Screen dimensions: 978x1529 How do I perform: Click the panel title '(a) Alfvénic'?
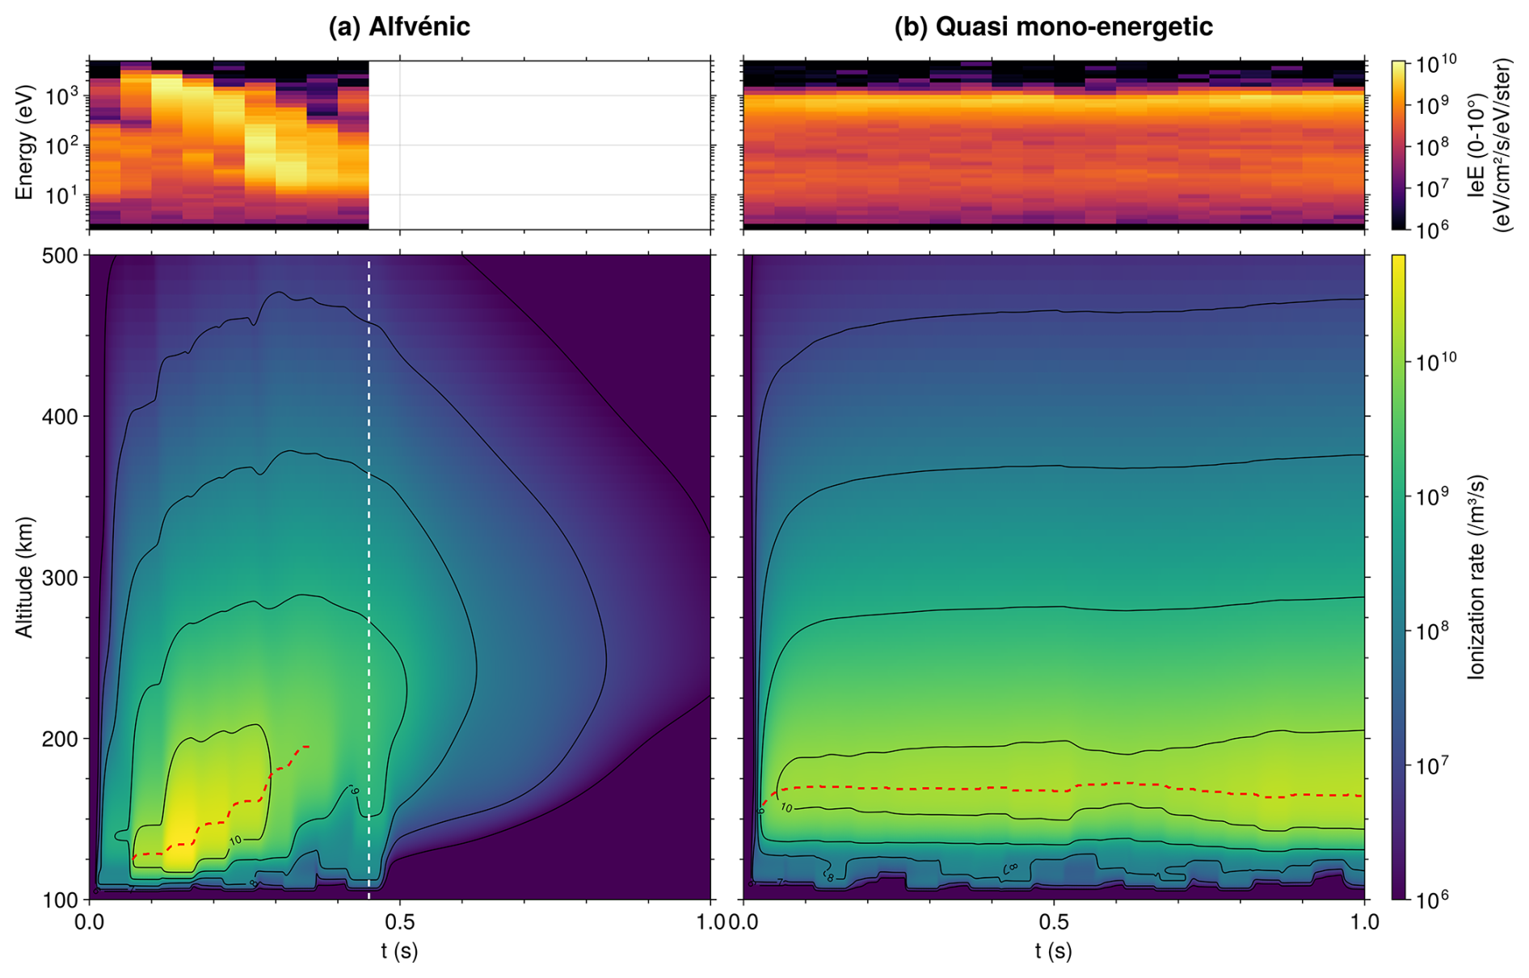click(398, 27)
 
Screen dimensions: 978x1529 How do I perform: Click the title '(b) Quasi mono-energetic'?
click(1053, 27)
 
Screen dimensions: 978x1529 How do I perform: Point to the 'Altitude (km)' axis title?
click(25, 577)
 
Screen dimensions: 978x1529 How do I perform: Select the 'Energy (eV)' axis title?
click(25, 142)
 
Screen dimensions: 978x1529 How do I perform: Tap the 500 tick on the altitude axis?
click(62, 255)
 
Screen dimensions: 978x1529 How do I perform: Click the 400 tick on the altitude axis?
click(62, 417)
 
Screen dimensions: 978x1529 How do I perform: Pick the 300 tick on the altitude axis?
click(62, 578)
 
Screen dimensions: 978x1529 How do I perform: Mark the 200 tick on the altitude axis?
click(62, 739)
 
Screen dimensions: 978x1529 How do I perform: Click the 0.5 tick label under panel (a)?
click(399, 922)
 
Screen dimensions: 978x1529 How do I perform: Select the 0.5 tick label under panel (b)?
click(1053, 922)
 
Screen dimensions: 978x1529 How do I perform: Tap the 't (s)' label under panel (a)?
click(399, 951)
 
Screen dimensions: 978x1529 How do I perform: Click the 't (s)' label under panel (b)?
click(1053, 951)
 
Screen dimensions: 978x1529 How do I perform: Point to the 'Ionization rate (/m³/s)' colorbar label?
click(1476, 577)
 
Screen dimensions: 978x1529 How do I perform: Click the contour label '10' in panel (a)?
click(235, 841)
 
